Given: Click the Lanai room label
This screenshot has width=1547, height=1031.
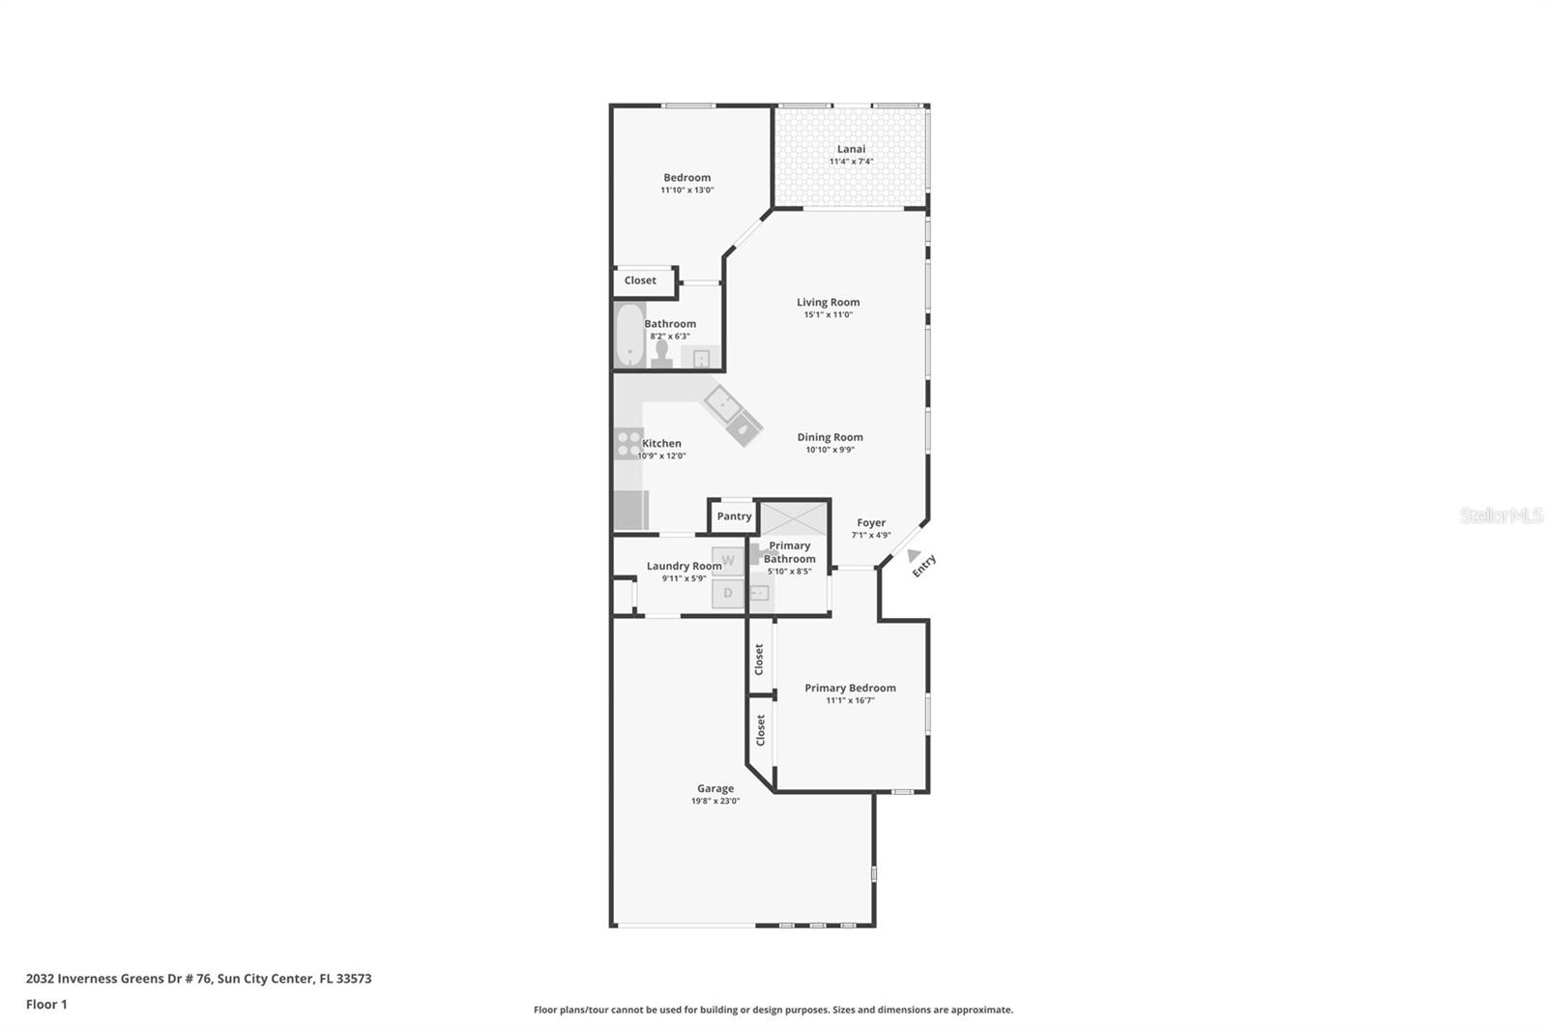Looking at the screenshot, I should point(851,149).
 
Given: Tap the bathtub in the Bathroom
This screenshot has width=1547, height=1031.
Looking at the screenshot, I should point(629,335).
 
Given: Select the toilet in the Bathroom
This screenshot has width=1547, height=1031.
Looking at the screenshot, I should point(661,353).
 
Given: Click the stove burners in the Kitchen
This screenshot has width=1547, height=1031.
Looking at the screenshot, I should point(628,443).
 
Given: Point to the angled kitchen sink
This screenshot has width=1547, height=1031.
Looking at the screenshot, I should point(732,414).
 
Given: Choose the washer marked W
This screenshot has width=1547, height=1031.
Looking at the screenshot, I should point(728,561).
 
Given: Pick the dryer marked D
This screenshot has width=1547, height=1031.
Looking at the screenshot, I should point(728,593).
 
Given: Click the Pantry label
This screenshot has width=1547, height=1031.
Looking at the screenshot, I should point(734,516).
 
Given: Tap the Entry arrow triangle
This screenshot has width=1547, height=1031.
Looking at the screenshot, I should point(913,555).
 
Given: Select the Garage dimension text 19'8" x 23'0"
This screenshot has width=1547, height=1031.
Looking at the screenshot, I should point(715,801).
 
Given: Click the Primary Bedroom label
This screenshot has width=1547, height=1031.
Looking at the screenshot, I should point(850,688).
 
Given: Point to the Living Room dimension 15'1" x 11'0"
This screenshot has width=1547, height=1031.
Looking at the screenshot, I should point(828,314).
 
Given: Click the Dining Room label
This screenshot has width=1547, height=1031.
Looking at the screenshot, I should point(830,437).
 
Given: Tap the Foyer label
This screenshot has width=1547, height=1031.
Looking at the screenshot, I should point(871,522).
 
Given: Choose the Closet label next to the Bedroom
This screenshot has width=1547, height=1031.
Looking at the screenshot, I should point(640,280).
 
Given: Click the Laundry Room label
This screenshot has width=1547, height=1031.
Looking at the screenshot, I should point(684,566).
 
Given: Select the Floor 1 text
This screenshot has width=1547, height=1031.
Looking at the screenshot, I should point(46,1004).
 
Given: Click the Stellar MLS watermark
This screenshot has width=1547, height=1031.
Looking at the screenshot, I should point(1501,515).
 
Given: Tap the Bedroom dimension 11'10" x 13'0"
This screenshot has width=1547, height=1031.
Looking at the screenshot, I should point(686,191).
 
